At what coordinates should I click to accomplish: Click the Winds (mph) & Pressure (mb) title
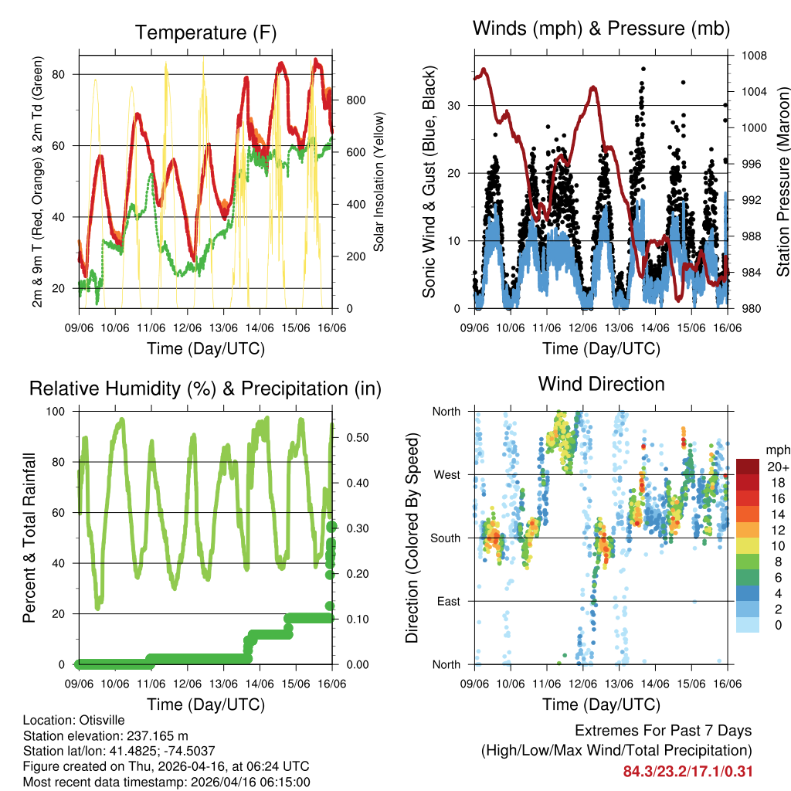pyautogui.click(x=601, y=29)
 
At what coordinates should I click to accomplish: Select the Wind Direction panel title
pyautogui.click(x=601, y=383)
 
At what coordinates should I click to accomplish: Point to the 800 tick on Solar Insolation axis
pyautogui.click(x=356, y=100)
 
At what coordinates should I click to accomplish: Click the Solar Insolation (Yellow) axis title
pyautogui.click(x=379, y=182)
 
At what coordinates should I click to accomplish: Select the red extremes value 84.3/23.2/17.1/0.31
pyautogui.click(x=688, y=771)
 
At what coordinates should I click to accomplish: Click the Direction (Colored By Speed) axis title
pyautogui.click(x=412, y=538)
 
